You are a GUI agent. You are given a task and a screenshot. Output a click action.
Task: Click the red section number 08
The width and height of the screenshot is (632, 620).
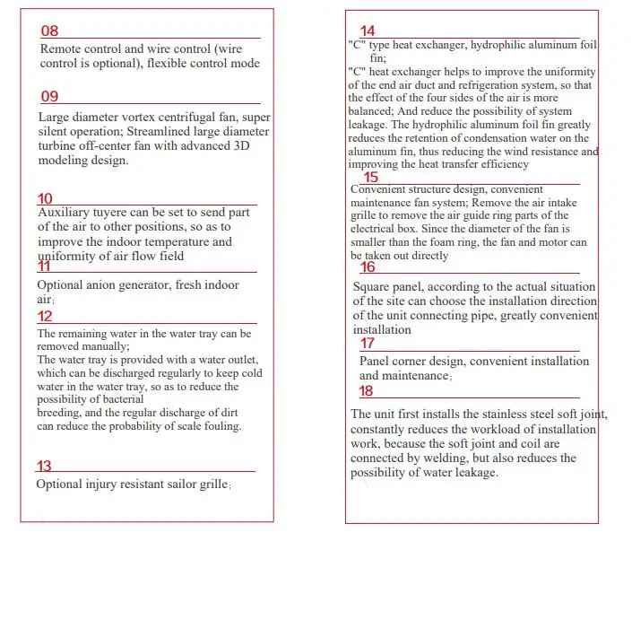(x=49, y=31)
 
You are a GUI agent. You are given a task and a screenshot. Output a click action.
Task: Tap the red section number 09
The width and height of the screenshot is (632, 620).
(x=49, y=97)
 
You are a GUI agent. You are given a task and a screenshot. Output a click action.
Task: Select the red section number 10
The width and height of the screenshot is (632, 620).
(x=45, y=199)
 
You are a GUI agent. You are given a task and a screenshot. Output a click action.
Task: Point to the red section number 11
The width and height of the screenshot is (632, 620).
(x=44, y=266)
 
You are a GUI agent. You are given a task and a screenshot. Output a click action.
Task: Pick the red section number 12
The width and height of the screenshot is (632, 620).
(x=45, y=317)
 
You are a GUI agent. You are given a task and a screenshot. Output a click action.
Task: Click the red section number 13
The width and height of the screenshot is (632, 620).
(x=44, y=467)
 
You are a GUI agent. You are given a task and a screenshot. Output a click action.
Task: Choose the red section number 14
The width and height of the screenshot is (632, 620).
(x=368, y=32)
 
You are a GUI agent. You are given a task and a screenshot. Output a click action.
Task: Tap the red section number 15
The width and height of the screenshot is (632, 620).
(x=370, y=178)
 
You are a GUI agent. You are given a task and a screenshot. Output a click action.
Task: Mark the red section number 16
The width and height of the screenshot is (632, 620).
(x=368, y=267)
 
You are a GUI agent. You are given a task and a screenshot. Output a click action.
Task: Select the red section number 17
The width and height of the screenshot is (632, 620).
(x=368, y=344)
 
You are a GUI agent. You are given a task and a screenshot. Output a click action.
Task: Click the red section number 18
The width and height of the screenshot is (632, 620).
(x=366, y=391)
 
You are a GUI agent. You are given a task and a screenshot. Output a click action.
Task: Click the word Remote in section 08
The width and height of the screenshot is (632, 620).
(x=60, y=48)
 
